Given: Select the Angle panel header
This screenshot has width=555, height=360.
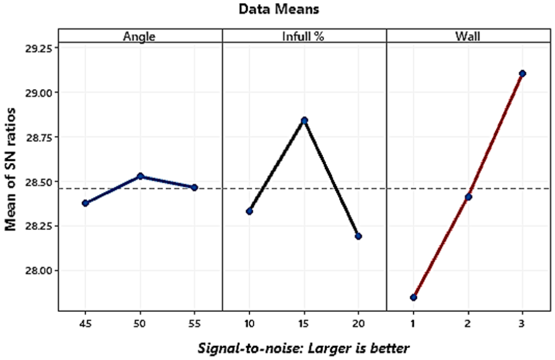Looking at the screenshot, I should [139, 36].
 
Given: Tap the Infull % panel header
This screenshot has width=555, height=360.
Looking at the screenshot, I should [304, 36].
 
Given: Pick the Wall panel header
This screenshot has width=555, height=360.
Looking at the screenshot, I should [467, 36].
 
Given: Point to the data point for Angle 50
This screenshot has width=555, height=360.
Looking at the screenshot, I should [140, 176].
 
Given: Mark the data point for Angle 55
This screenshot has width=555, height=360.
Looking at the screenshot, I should [194, 188].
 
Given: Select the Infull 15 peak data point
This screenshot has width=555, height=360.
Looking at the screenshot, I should [304, 120].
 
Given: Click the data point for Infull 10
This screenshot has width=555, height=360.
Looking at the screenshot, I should [250, 211].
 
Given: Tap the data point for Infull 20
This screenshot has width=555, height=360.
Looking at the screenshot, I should [358, 236].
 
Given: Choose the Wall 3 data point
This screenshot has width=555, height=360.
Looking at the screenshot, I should [522, 74].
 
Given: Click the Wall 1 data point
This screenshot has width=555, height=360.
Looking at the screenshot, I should [413, 297].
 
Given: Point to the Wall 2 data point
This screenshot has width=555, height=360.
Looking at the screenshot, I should [468, 197].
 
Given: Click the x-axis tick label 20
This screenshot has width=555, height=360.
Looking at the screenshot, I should [358, 322].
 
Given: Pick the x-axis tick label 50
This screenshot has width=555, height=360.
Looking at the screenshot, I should [140, 322].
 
